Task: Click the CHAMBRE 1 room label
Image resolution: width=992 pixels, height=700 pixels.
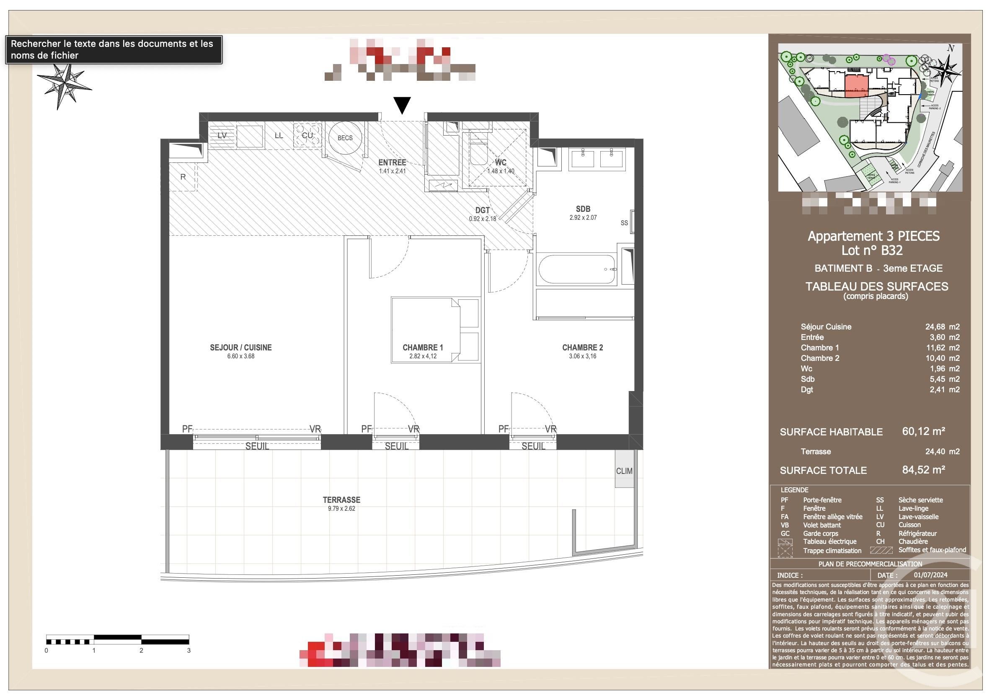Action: tap(423, 347)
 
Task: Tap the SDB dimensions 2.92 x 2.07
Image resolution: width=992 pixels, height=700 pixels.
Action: tap(583, 218)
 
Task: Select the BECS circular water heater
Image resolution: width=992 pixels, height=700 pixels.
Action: tap(345, 138)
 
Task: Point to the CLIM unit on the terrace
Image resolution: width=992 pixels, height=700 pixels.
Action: tap(624, 471)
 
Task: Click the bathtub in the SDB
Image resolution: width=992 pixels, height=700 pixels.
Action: tap(577, 270)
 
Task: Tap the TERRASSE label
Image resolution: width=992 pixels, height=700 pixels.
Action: tap(341, 499)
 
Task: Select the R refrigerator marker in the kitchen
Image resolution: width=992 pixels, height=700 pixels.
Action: tap(183, 177)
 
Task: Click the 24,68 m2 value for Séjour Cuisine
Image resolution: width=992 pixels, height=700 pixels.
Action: tap(942, 327)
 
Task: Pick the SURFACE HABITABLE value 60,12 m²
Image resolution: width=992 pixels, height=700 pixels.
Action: tap(923, 431)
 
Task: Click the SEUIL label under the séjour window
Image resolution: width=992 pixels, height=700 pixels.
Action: tap(257, 446)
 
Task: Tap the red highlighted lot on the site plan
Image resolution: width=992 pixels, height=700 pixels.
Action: tap(856, 86)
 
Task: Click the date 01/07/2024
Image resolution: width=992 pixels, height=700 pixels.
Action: tap(931, 575)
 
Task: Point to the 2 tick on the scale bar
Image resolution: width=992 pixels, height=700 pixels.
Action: tap(141, 650)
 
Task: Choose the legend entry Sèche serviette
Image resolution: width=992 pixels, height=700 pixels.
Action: tap(920, 500)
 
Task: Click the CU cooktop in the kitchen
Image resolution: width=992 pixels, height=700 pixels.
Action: tap(307, 135)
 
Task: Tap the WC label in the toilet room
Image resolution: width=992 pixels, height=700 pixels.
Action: tap(500, 162)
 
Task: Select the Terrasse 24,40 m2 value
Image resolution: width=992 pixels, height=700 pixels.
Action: tap(942, 452)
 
